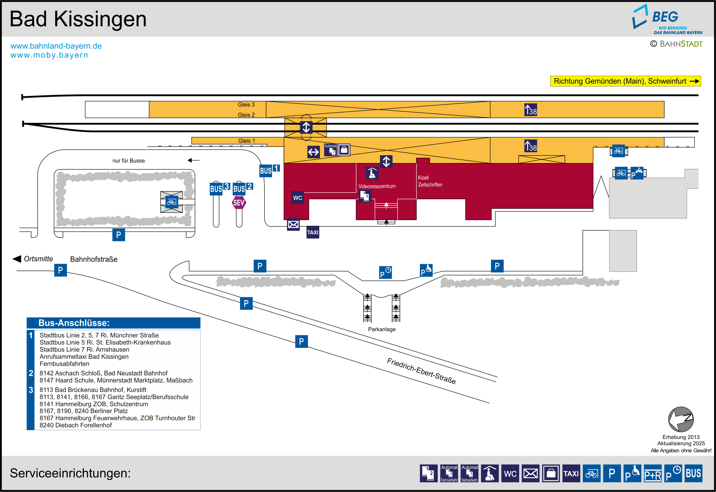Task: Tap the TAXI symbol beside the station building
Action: pyautogui.click(x=313, y=232)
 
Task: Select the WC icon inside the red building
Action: pyautogui.click(x=298, y=198)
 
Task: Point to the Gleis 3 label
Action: pyautogui.click(x=246, y=105)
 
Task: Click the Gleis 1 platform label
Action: pyautogui.click(x=247, y=141)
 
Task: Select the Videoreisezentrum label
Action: pyautogui.click(x=377, y=186)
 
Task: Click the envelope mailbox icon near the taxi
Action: pyautogui.click(x=293, y=224)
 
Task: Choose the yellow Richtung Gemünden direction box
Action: pyautogui.click(x=625, y=81)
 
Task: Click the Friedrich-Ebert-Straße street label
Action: pyautogui.click(x=421, y=371)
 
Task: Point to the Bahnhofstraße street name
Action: pyautogui.click(x=94, y=259)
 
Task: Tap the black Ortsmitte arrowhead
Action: pyautogui.click(x=17, y=259)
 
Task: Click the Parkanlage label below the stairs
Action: pyautogui.click(x=382, y=329)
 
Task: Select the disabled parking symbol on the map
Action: pyautogui.click(x=426, y=270)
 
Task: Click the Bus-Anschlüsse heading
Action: pyautogui.click(x=74, y=323)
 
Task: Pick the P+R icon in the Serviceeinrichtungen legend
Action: pyautogui.click(x=653, y=473)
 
